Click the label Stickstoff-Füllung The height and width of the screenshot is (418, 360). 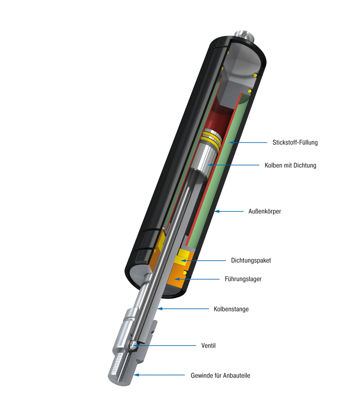(x=295, y=142)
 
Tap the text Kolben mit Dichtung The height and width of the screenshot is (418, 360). (x=290, y=165)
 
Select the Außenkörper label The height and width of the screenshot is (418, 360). (x=265, y=211)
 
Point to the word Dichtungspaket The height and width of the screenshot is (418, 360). (x=251, y=261)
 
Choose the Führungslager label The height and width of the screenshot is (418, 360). (x=243, y=279)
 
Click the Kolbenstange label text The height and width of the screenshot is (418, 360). (x=231, y=309)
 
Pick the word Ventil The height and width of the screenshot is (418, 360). (x=209, y=346)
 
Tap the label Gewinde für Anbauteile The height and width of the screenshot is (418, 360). (x=220, y=376)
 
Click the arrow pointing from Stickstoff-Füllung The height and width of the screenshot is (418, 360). (x=248, y=142)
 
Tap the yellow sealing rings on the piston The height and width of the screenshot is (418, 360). (x=211, y=140)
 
